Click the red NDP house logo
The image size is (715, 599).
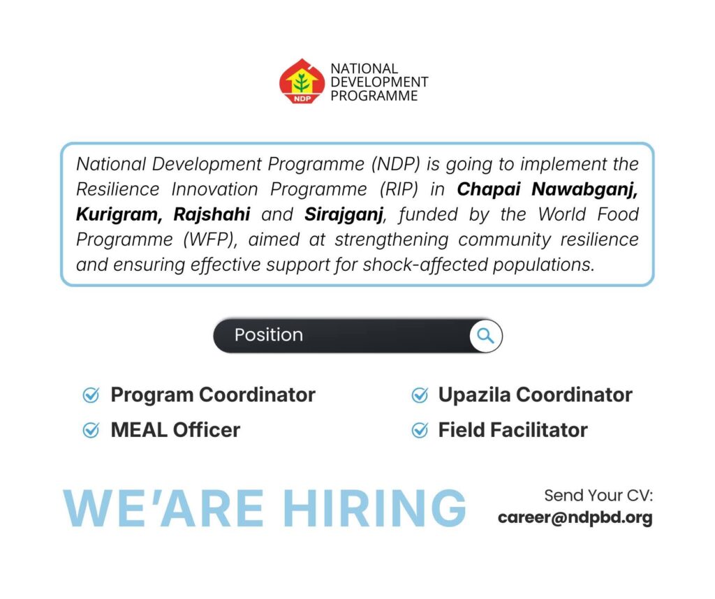(x=302, y=81)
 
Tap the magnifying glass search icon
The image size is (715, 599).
(x=486, y=336)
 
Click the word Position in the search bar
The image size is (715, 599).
(x=269, y=335)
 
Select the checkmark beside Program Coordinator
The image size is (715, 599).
(x=91, y=394)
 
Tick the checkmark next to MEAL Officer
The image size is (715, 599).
(x=91, y=429)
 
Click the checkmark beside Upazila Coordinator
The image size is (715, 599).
(x=420, y=394)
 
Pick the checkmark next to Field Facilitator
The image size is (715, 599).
(x=420, y=429)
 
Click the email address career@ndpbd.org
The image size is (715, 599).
(x=575, y=518)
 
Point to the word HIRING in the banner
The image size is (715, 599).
(x=375, y=508)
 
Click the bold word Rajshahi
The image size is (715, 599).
(x=212, y=214)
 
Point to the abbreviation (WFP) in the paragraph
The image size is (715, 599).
(x=210, y=239)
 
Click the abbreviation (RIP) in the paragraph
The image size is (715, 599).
(x=399, y=189)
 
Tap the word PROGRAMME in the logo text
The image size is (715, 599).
(x=374, y=96)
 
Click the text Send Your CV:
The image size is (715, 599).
(x=598, y=496)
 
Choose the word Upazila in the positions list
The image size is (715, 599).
(x=474, y=395)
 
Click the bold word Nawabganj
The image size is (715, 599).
(x=584, y=189)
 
